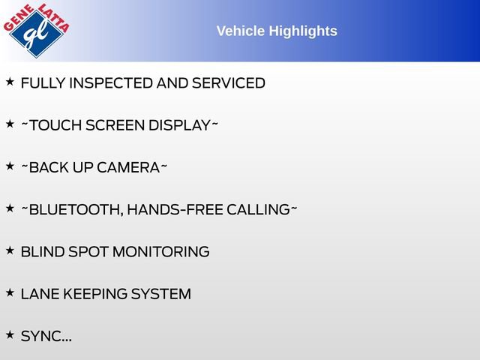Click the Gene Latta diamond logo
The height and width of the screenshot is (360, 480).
pos(37,30)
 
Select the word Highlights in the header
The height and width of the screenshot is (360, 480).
pos(303,31)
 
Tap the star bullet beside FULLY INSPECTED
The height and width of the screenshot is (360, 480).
pos(10,82)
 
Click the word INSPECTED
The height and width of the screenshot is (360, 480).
pos(111,83)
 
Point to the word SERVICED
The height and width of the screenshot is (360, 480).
pos(228,83)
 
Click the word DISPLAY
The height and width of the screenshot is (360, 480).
pos(179,125)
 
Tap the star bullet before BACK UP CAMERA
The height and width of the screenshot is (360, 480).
pos(10,166)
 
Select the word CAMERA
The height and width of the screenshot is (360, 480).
pos(128,168)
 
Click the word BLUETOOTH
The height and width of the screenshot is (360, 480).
pos(76,210)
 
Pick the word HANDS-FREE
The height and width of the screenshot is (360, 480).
pos(175,210)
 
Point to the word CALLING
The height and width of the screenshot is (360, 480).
pos(258,210)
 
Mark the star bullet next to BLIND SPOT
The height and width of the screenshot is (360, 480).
pos(10,250)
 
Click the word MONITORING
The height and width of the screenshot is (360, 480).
pos(161,252)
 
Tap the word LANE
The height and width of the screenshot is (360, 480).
pos(40,294)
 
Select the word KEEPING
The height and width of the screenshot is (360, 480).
pos(95,294)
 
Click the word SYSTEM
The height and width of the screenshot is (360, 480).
pos(161,294)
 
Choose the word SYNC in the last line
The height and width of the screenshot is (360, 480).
pos(40,336)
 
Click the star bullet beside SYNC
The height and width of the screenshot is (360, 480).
pos(10,335)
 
